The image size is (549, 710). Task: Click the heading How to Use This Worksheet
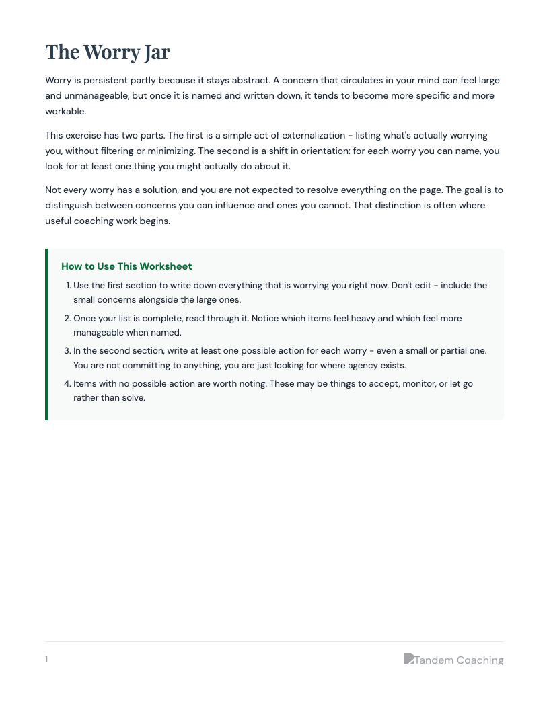[126, 266]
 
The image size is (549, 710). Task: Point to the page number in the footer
[46, 659]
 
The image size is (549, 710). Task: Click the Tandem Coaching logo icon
[408, 658]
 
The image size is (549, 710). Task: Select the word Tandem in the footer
[433, 660]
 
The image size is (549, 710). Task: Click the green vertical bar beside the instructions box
[46, 334]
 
